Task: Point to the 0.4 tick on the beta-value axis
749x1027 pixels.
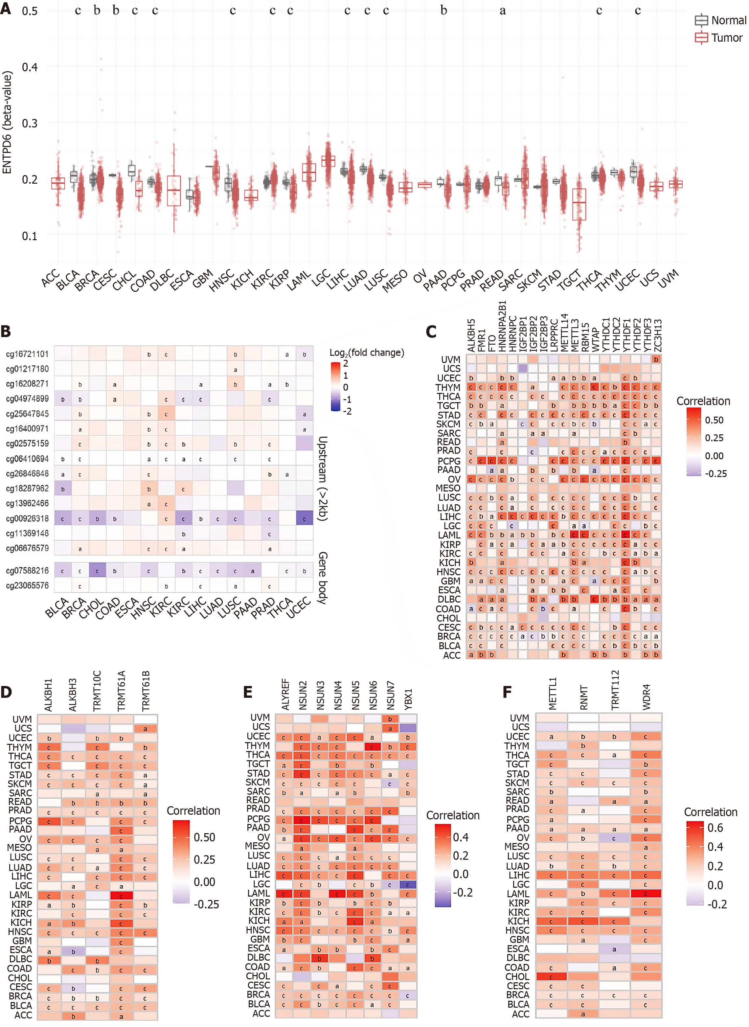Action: [30, 67]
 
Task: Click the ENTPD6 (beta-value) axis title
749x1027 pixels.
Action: [7, 123]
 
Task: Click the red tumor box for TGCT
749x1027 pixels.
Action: [579, 204]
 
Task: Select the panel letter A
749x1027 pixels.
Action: [6, 9]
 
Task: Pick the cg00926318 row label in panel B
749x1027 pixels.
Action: [27, 518]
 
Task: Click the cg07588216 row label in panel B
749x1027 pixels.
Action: [27, 570]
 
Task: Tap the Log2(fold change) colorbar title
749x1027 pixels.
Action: [366, 352]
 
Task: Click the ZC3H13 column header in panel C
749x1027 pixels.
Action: [657, 335]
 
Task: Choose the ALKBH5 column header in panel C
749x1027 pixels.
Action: [471, 335]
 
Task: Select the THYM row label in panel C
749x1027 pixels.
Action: [448, 387]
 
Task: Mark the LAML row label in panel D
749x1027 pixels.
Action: [21, 895]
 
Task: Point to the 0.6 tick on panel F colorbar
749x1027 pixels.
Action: [715, 828]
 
